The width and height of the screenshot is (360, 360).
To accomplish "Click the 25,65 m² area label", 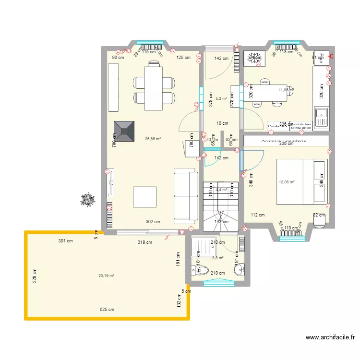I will [153, 139].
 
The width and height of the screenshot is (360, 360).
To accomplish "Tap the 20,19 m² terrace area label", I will [106, 276].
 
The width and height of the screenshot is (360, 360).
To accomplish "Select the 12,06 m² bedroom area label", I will [287, 182].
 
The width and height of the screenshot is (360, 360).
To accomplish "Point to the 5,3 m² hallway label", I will [221, 99].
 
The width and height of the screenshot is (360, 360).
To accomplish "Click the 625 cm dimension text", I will [107, 310].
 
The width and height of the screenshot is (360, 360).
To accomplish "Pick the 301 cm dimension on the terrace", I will [66, 241].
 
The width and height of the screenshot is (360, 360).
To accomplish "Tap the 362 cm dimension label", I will [153, 222].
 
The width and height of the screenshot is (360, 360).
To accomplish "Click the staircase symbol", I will [221, 204].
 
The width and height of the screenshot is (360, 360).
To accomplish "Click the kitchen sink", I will [320, 116].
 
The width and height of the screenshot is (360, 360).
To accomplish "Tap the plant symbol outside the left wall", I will [87, 199].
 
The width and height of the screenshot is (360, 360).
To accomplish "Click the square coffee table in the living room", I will [144, 197].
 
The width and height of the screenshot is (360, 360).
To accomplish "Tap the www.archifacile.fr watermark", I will [332, 337].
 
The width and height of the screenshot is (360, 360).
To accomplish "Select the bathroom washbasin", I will [239, 270].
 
